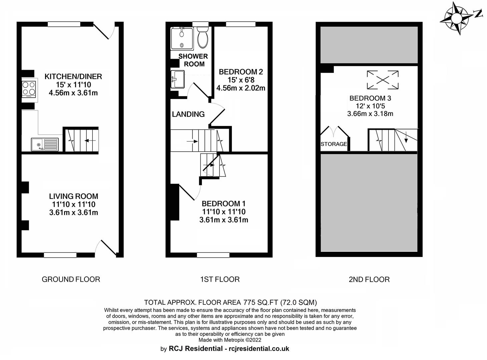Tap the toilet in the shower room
202,37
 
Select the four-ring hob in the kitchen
29,89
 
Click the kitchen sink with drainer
45,144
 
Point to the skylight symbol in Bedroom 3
383,80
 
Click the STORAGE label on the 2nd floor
334,144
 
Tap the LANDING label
188,114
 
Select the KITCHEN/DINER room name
73,76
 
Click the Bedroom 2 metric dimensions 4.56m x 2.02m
240,88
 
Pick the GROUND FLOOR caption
71,279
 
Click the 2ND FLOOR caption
369,279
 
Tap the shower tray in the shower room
182,38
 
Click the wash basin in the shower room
177,79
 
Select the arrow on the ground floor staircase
90,140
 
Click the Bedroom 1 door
187,193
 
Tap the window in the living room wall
60,255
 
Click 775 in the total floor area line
249,302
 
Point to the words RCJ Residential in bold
196,348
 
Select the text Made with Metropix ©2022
230,340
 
